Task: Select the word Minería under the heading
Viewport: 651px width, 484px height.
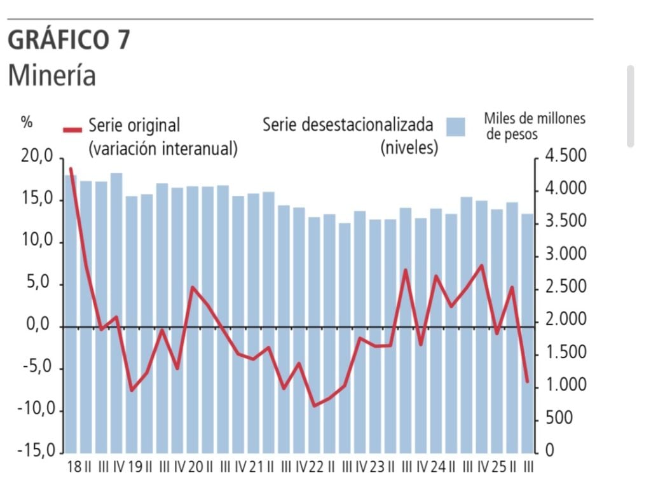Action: coord(51,76)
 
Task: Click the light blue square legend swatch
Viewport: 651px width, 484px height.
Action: coord(455,127)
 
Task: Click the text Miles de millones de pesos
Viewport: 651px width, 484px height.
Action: coord(534,126)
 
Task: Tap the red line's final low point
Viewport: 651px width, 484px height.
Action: coord(527,382)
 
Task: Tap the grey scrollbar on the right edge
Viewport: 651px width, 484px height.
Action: coord(630,106)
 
